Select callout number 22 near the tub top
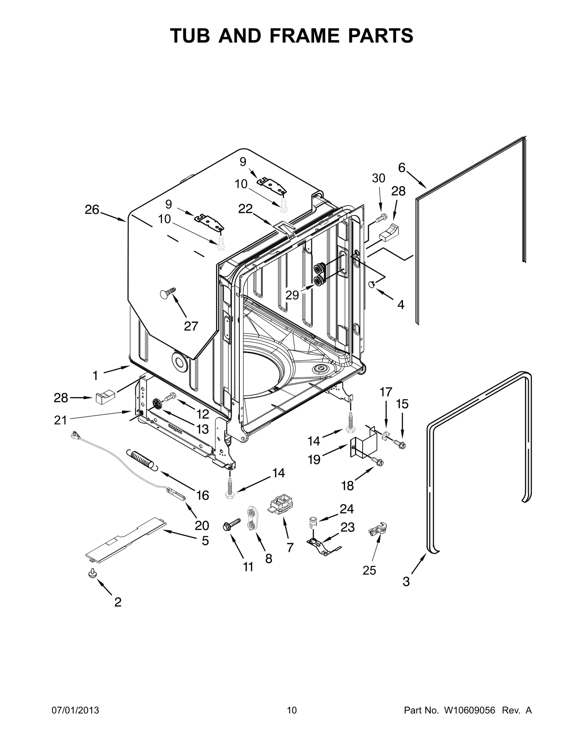pyautogui.click(x=245, y=209)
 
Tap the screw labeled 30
pyautogui.click(x=381, y=218)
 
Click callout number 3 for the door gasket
pyautogui.click(x=406, y=581)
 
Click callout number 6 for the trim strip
pyautogui.click(x=402, y=167)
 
